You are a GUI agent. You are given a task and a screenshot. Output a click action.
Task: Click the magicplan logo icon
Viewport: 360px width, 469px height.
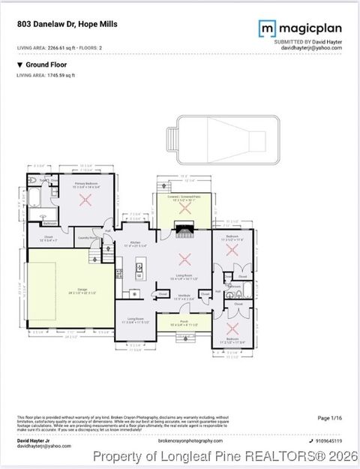point(265,29)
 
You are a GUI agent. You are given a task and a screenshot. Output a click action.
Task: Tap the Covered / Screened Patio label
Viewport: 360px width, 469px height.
point(181,199)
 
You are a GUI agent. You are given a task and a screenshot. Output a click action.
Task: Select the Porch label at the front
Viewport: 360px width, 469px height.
point(184,323)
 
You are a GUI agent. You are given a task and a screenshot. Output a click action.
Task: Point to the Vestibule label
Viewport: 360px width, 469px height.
point(184,296)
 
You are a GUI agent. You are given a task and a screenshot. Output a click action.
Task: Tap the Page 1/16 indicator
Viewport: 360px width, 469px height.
point(330,418)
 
